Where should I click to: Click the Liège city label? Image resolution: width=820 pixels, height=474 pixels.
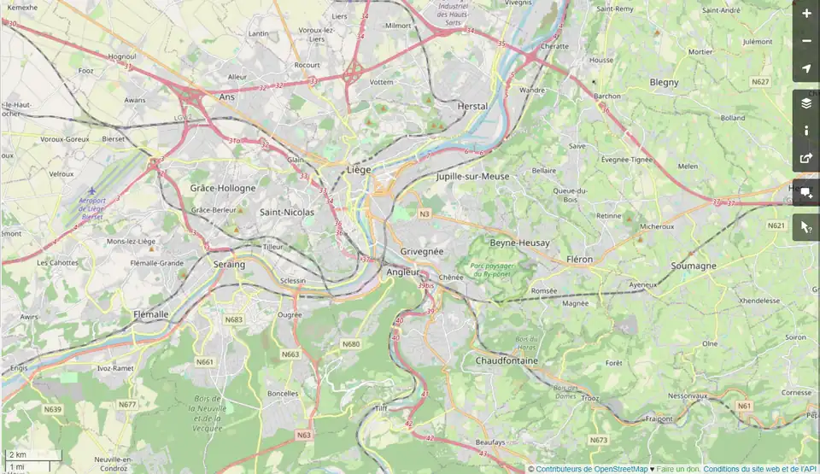point(359,169)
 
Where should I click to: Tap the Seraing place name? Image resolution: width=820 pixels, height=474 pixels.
point(229,264)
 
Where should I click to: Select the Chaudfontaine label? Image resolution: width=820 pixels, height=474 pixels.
point(507,360)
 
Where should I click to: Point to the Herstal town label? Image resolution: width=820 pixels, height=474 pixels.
point(472,106)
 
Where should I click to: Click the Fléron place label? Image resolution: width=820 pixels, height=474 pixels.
point(579,259)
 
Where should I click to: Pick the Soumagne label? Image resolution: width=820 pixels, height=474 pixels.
point(694,266)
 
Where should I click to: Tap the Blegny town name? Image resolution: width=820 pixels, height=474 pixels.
point(664,82)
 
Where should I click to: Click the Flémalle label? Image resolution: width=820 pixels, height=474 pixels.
point(151,314)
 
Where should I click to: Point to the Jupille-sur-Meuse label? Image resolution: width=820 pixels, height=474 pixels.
point(472,176)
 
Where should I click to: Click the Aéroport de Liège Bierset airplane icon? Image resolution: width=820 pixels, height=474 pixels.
point(92,191)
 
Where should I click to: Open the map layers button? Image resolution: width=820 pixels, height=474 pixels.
point(805,103)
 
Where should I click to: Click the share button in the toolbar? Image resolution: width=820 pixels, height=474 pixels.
point(805,158)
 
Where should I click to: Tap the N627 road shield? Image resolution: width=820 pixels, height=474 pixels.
point(760,82)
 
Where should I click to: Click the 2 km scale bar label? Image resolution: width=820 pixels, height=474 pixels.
point(17,454)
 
